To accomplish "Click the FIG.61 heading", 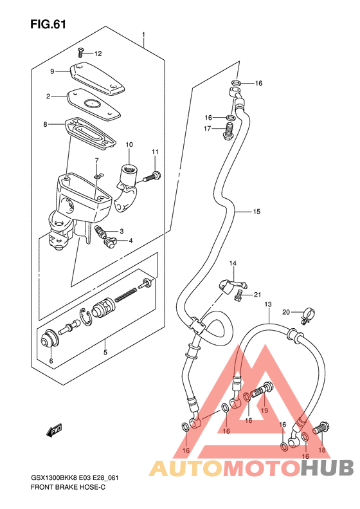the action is (x=48, y=24).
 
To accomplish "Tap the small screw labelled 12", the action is (x=81, y=53).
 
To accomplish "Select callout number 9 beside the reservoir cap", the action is (x=52, y=71).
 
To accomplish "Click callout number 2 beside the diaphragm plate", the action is (x=48, y=97).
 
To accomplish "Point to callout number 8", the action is (x=45, y=124).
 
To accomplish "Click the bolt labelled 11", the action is (x=152, y=177).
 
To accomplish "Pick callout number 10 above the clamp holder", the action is (x=129, y=144).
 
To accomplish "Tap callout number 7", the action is (x=96, y=160).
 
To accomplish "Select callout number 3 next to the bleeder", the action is (x=122, y=231).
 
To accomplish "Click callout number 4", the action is (x=130, y=241).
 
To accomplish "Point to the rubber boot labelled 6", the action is (x=50, y=340).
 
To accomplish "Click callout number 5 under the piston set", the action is (x=105, y=352).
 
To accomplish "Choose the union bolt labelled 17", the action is (x=229, y=131).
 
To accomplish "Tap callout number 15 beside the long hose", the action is (x=256, y=211).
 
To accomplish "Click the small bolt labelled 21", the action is (x=238, y=295).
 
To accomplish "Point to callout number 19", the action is (x=264, y=411).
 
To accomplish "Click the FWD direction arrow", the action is (x=54, y=430).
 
